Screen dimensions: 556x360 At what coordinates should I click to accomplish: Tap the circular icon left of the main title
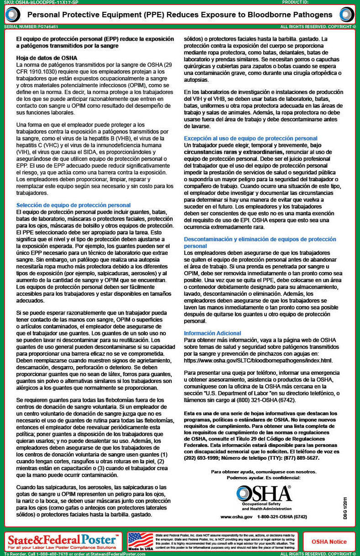tap(12, 15)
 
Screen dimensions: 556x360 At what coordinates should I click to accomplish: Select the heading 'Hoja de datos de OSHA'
tap(47, 58)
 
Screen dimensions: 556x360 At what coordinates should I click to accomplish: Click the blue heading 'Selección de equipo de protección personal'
tap(73, 205)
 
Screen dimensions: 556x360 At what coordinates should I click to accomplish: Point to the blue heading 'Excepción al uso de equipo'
tap(250, 138)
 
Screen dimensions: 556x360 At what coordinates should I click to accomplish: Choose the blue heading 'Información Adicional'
tap(212, 333)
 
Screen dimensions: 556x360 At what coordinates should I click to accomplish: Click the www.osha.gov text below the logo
tap(236, 516)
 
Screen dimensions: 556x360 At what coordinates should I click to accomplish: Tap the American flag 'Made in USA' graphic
tap(140, 541)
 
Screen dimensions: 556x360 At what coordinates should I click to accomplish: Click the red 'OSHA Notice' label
tap(329, 542)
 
